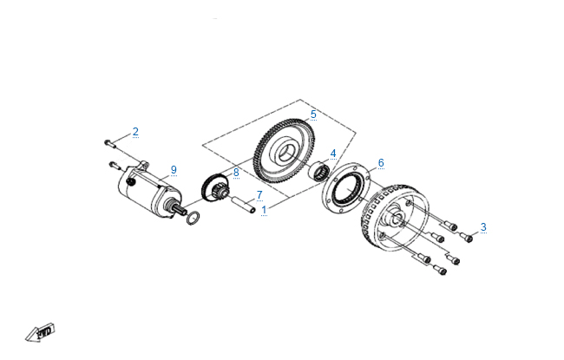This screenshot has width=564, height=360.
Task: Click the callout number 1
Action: point(265,210)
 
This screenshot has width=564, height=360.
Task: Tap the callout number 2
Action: point(135,132)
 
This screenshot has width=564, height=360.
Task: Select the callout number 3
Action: point(483,227)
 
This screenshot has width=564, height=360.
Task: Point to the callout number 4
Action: point(332,154)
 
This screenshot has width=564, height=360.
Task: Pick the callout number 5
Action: point(313,114)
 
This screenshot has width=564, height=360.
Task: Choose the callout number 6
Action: point(380,162)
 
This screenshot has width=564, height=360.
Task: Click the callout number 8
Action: point(235,172)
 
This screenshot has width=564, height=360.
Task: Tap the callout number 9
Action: point(174,168)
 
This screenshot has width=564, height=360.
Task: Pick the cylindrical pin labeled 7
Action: point(244,207)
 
